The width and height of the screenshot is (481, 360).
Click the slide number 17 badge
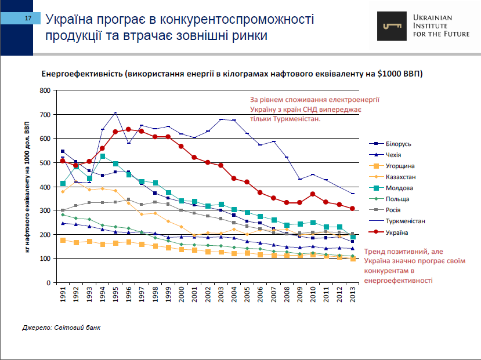[x=27, y=19]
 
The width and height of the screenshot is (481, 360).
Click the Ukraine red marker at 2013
[x=352, y=209]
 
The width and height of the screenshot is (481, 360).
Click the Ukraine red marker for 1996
[x=128, y=129]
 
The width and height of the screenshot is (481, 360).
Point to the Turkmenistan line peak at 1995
[x=115, y=112]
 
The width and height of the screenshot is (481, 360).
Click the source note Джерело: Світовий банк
[x=61, y=328]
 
